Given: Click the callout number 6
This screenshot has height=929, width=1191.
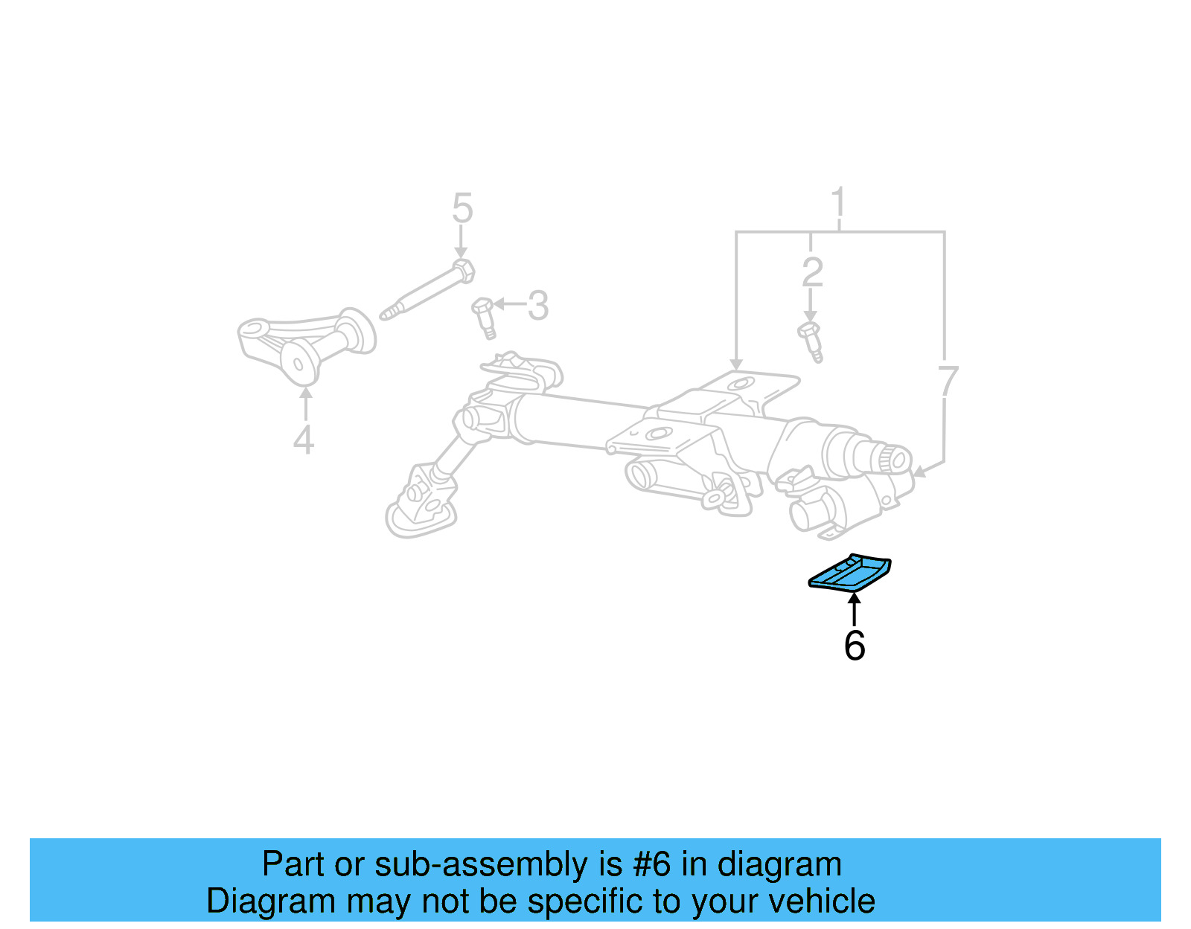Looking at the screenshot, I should [x=854, y=645].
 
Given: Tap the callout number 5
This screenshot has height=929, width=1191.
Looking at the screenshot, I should [x=462, y=208].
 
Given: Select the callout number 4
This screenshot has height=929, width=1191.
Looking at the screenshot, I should [x=303, y=440].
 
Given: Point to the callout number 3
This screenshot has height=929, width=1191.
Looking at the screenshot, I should [x=538, y=306].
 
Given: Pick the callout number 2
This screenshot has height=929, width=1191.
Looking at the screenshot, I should [x=812, y=272].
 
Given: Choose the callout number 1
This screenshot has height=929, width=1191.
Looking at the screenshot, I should [x=839, y=202].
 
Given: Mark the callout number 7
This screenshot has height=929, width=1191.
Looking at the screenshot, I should [x=947, y=382].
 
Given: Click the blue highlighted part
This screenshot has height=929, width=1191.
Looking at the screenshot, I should [x=850, y=573].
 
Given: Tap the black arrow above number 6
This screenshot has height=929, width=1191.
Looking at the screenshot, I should [x=854, y=608].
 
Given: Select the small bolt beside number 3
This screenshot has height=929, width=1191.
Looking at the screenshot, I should [x=484, y=316].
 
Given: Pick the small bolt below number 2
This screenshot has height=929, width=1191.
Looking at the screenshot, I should [x=811, y=341].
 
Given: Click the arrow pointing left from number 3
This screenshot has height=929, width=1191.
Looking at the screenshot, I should [x=509, y=304].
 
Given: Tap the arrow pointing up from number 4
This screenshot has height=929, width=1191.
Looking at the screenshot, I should [x=305, y=405].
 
